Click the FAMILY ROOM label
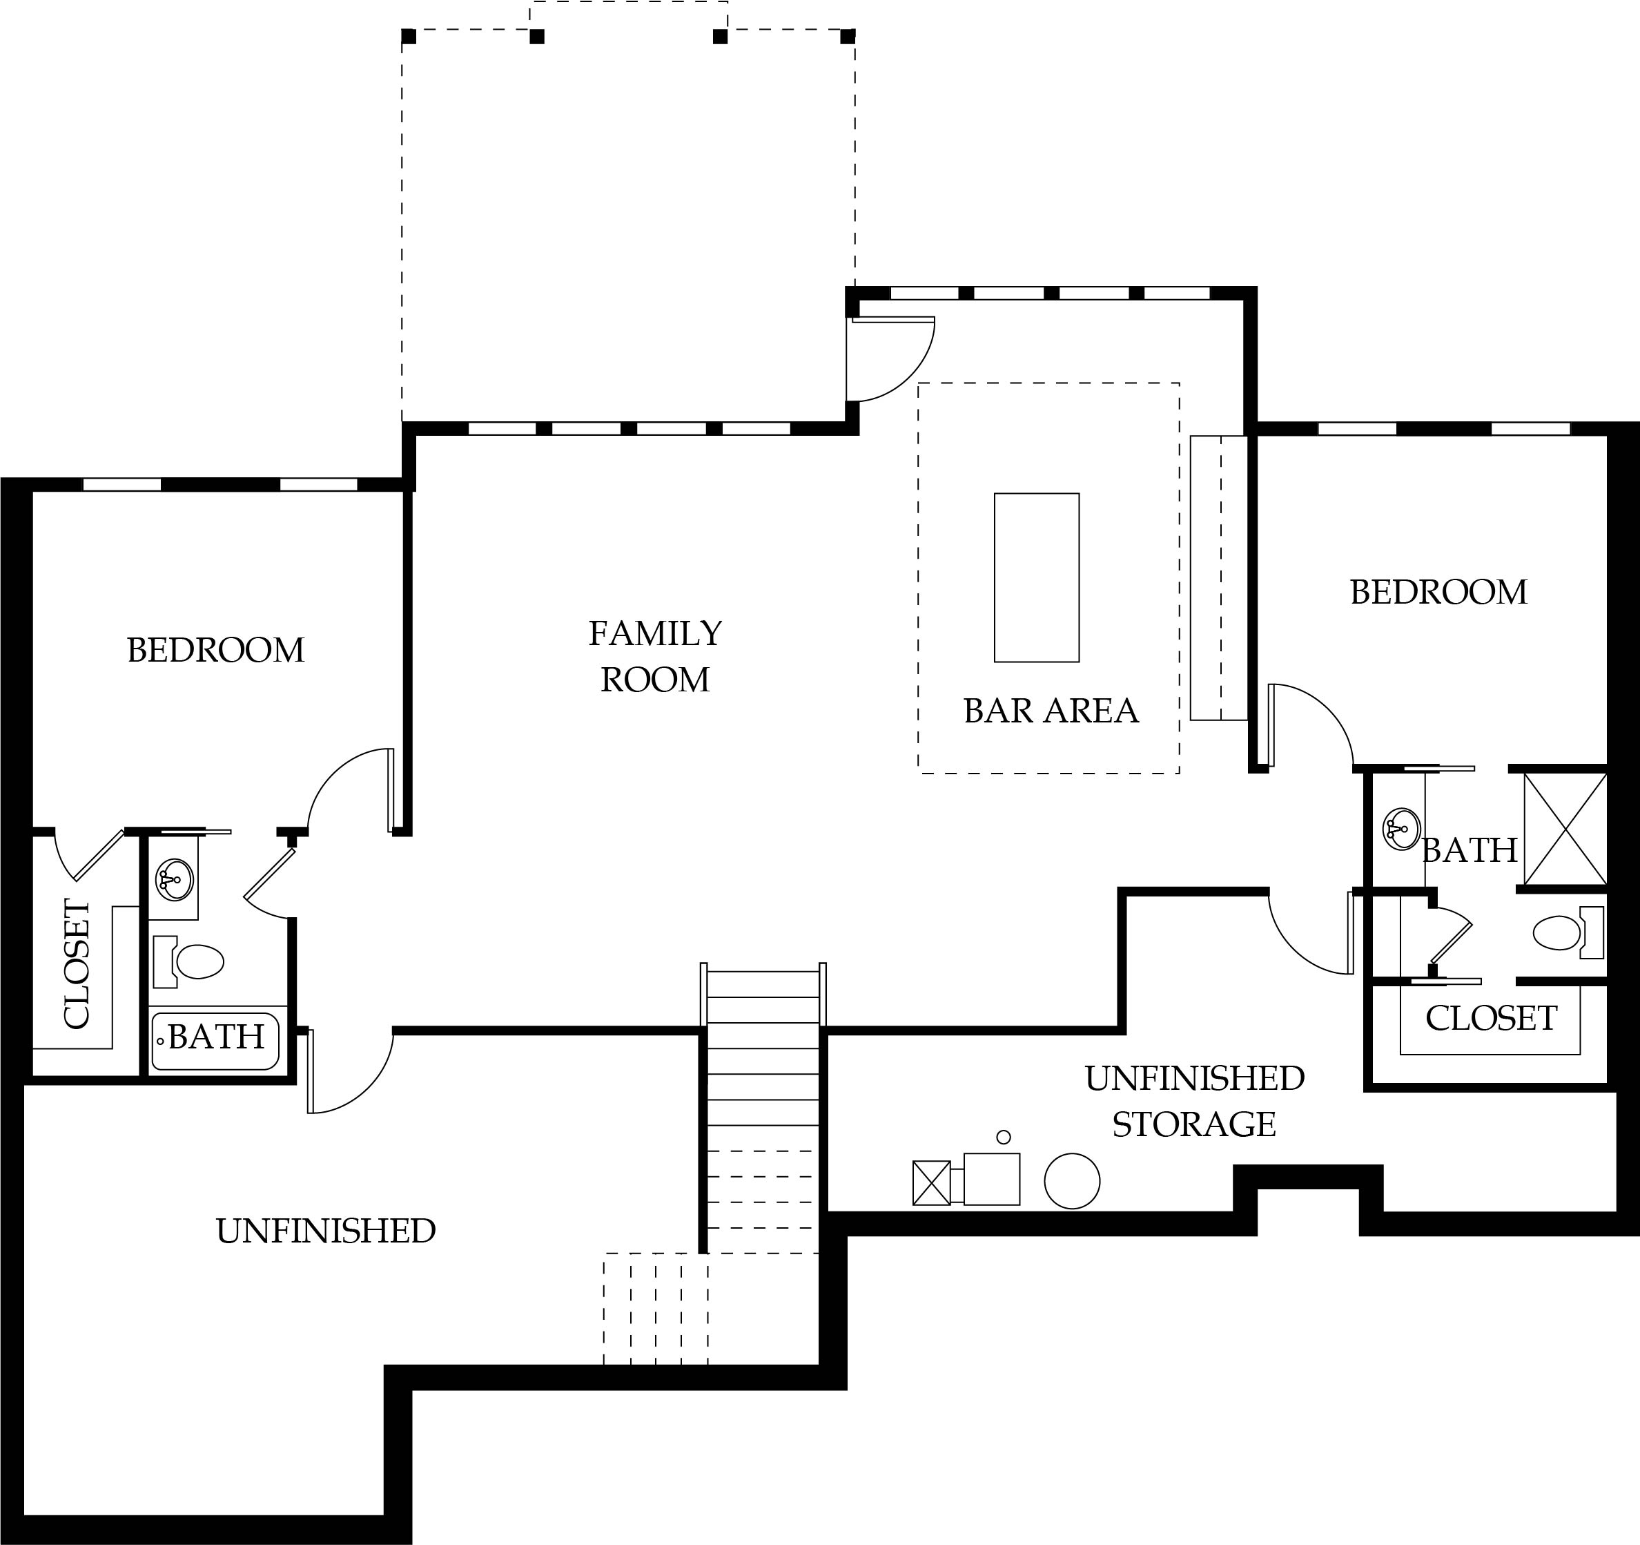coord(655,657)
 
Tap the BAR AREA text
coord(1051,711)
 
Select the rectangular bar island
coord(1036,577)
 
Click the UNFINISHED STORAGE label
coord(1195,1101)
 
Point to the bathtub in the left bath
coord(216,1042)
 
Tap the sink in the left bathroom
coord(174,880)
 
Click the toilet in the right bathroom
coord(1568,932)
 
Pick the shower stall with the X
coord(1565,829)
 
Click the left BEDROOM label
coord(216,651)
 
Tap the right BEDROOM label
coord(1438,592)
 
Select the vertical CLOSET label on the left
coord(76,964)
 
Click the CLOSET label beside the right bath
coord(1492,1019)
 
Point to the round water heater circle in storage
coord(1072,1181)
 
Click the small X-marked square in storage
coord(931,1182)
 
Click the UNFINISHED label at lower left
coord(326,1231)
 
